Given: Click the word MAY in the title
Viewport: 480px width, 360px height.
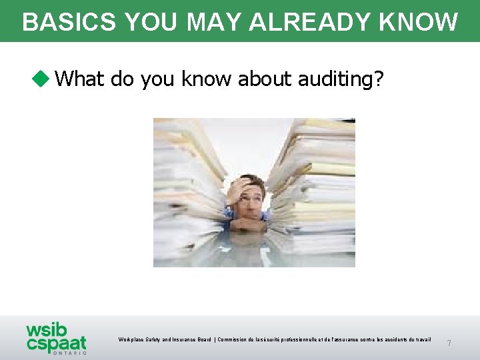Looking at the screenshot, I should click(215, 22).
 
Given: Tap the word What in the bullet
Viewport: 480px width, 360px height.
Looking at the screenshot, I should click(80, 79).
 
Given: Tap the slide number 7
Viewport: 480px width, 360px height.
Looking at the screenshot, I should click(449, 343).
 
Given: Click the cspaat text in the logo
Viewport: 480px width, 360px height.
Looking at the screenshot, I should click(57, 344).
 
